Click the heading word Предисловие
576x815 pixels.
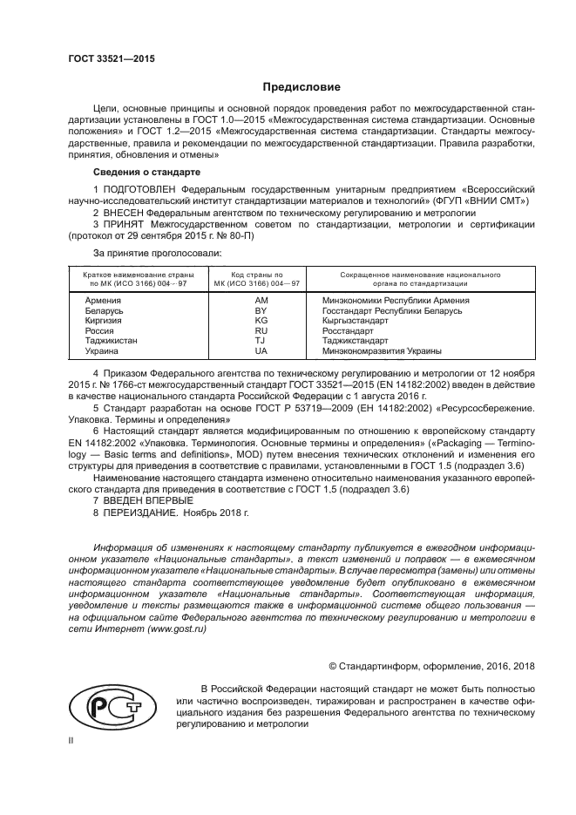point(302,87)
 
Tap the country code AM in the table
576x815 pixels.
point(261,301)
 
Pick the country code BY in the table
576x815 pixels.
point(261,310)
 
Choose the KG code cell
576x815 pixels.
point(261,321)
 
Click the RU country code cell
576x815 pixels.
point(261,331)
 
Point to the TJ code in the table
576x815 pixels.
point(261,341)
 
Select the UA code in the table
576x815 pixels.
point(261,351)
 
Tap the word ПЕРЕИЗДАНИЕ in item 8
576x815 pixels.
point(142,514)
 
